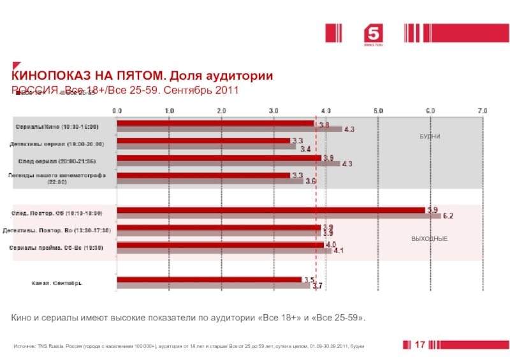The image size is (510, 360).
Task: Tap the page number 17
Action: [419, 345]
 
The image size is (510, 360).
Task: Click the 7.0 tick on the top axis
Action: [483, 110]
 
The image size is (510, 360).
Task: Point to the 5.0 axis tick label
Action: [378, 110]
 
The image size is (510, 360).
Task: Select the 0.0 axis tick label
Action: [117, 110]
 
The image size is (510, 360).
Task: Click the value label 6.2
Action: [448, 216]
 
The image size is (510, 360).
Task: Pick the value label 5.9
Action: [432, 209]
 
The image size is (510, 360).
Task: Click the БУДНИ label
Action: [430, 137]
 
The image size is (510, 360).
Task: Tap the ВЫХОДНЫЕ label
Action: [429, 238]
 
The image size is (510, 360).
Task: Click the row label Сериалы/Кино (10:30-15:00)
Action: [57, 127]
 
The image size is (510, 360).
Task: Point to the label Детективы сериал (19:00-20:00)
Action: [57, 144]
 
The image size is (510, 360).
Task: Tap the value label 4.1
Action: [339, 250]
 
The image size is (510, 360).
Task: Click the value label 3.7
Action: [317, 286]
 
